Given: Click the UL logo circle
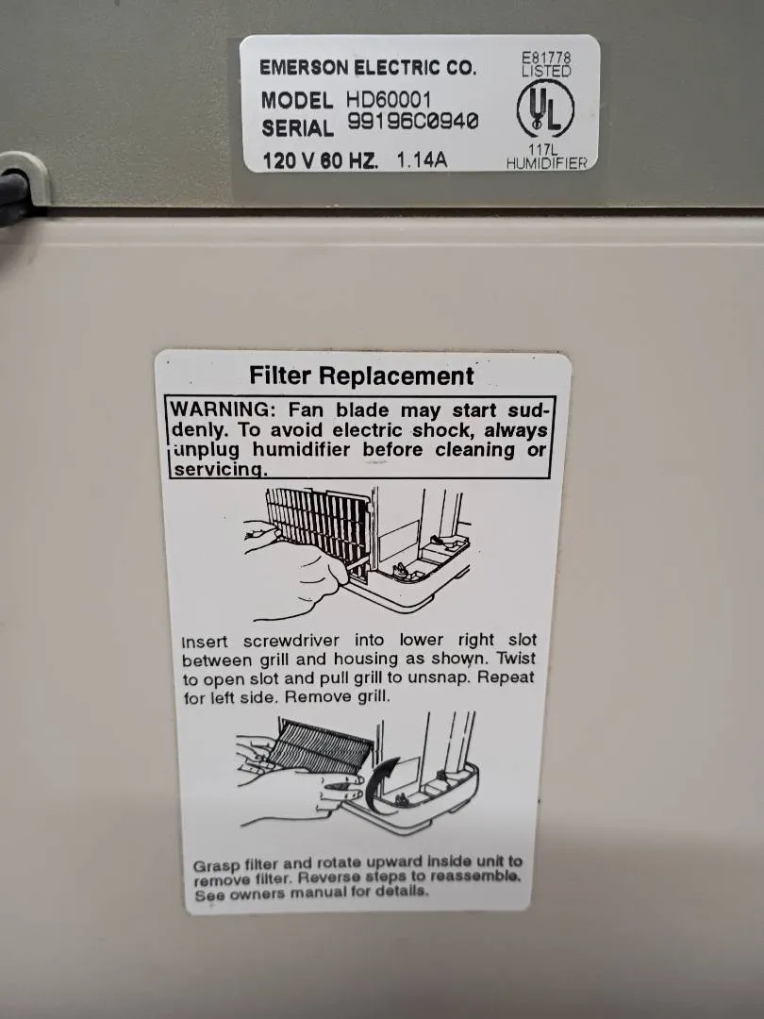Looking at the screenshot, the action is click(545, 109).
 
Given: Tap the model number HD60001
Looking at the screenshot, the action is click(389, 99).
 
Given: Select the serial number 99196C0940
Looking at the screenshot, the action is click(413, 121).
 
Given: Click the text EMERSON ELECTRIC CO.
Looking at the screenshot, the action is click(368, 68).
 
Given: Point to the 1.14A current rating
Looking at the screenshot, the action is click(422, 159).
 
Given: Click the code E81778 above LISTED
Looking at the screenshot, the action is click(546, 58).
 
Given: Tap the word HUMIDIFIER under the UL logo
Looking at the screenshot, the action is click(547, 163).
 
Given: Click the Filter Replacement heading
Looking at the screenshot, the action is click(362, 376).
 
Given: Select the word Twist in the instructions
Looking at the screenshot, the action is click(516, 658).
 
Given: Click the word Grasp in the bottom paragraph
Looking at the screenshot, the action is click(216, 866).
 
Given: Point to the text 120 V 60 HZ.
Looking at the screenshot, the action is click(321, 160).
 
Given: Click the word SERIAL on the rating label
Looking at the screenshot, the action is click(297, 128).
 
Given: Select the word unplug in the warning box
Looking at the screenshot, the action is click(207, 450).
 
